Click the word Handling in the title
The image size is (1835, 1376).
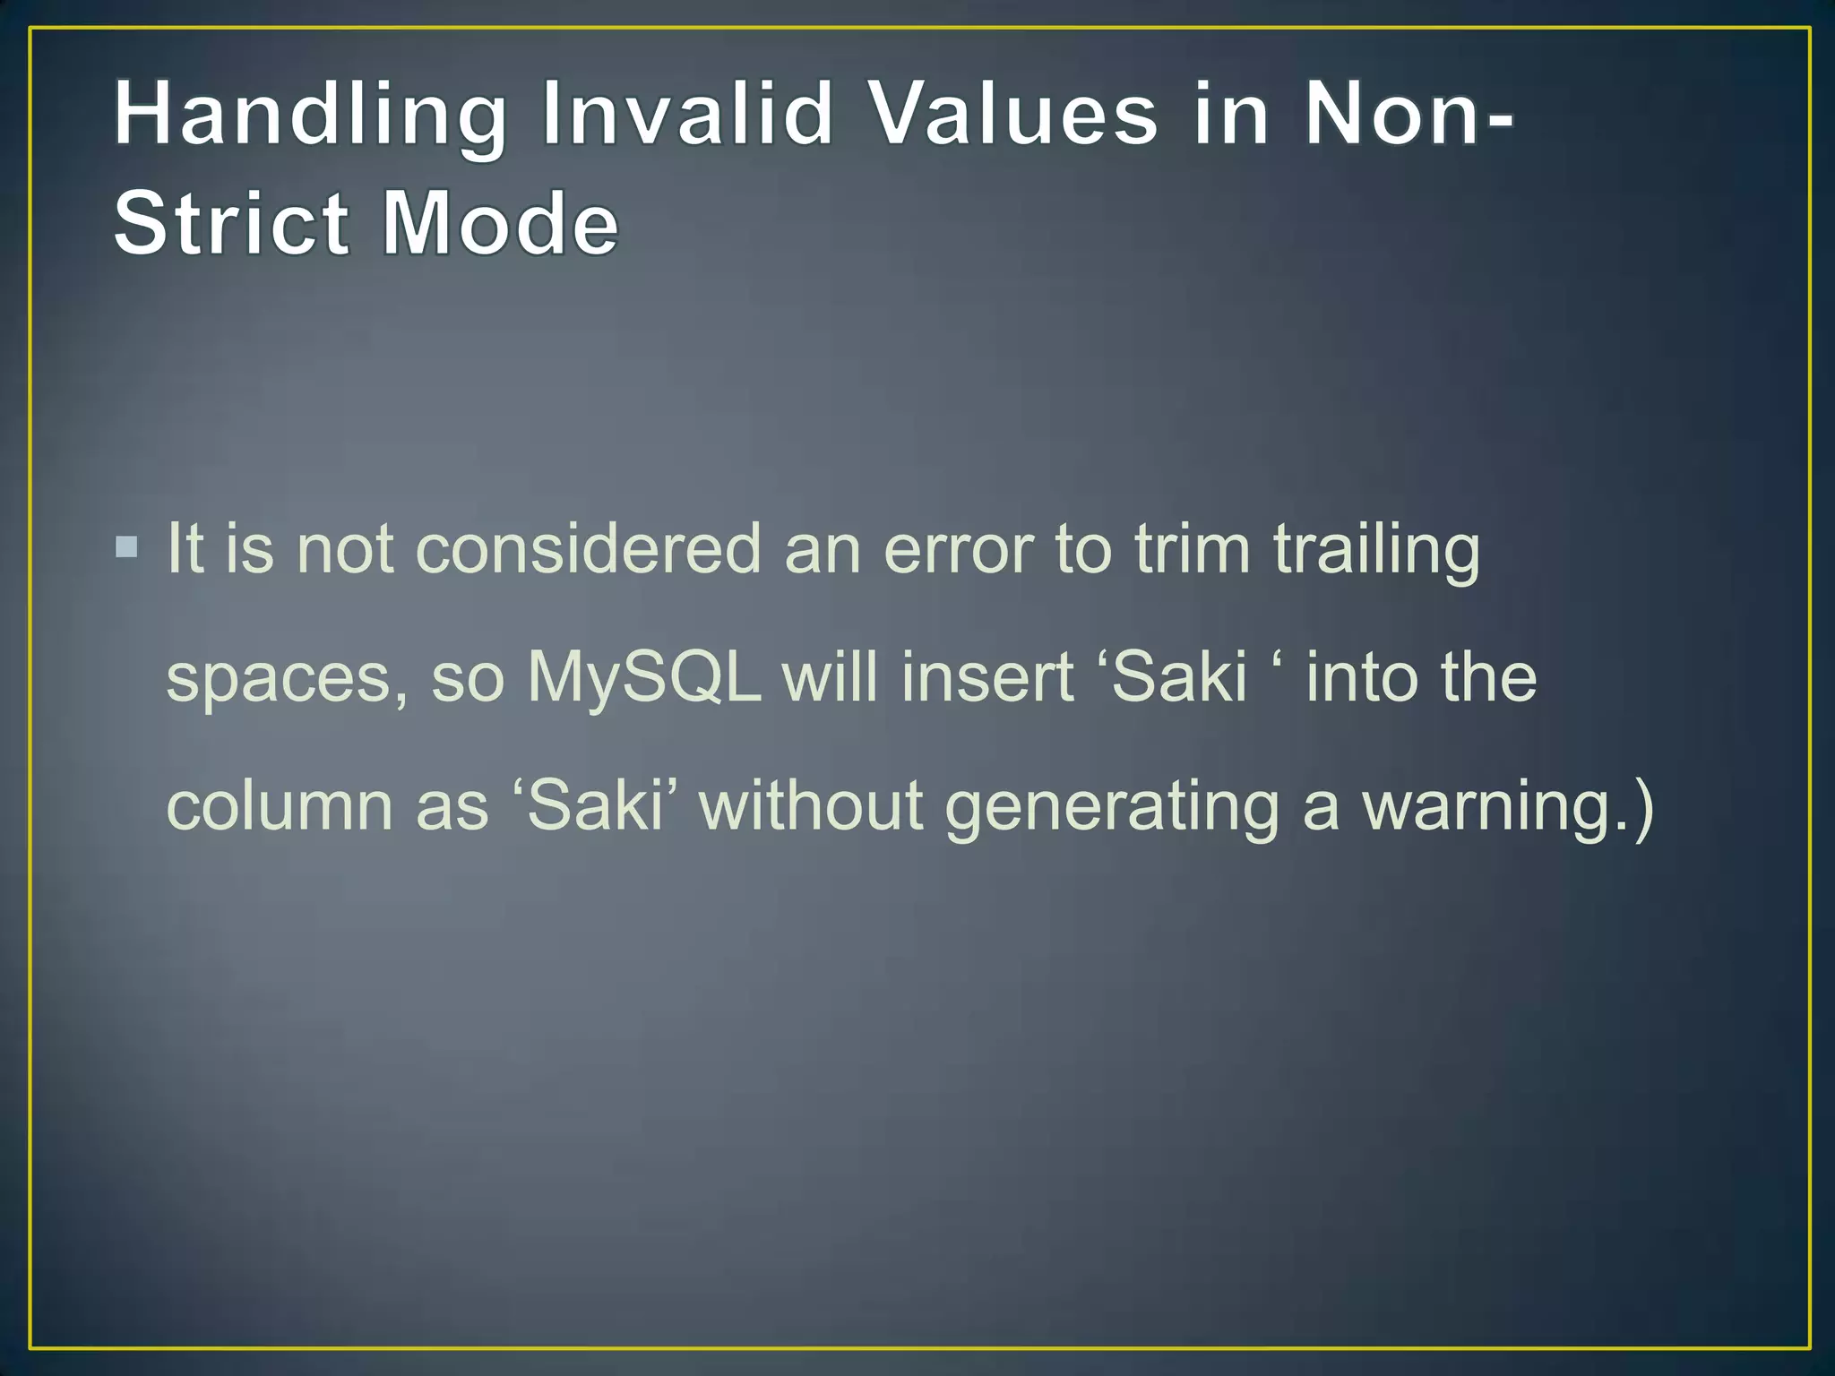click(x=310, y=116)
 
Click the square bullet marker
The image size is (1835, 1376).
click(x=127, y=546)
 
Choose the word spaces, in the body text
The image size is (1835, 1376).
click(x=288, y=679)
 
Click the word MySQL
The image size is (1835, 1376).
click(x=643, y=679)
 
